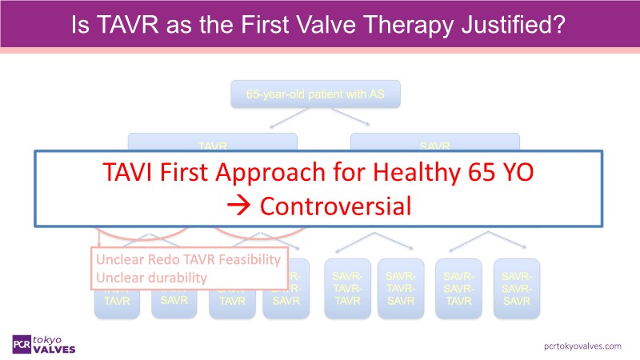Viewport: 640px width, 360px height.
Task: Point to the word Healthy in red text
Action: point(433,173)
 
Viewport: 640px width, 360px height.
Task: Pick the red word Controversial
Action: point(335,206)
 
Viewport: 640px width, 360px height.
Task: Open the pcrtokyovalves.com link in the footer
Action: point(582,345)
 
